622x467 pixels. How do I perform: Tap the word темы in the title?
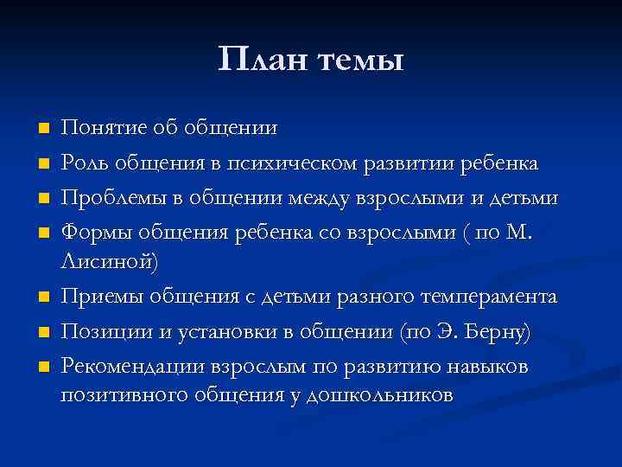point(362,61)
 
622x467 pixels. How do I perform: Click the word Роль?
point(86,164)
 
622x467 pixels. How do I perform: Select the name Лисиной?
point(117,260)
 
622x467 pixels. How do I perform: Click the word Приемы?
point(100,297)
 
